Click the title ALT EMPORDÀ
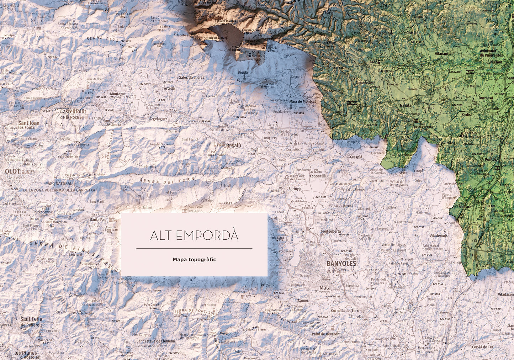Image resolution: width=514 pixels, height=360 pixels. coord(194,235)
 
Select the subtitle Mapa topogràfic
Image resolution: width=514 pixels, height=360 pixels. coord(194,260)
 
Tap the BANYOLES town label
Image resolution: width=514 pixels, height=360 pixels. coord(341,264)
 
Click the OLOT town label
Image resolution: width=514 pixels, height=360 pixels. coord(12,171)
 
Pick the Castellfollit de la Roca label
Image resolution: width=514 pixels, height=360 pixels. coord(73,114)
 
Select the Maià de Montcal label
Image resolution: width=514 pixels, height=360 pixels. coord(302,101)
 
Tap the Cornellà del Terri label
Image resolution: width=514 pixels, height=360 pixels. coord(345,311)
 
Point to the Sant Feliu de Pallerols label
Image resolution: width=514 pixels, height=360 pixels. coord(31,322)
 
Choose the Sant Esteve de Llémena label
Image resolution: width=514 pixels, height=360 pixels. coord(155,341)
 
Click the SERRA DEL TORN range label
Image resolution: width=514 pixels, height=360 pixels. coord(168,180)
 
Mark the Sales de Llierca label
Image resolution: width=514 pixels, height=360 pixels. coord(191,77)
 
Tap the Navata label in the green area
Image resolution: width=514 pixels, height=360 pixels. coord(405,106)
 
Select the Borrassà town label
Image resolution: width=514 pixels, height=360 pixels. coord(486,98)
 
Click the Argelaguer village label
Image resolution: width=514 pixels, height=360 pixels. coord(158,119)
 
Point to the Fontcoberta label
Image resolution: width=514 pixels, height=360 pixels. coord(331,231)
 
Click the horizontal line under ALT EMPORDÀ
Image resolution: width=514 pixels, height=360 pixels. coord(194,248)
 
